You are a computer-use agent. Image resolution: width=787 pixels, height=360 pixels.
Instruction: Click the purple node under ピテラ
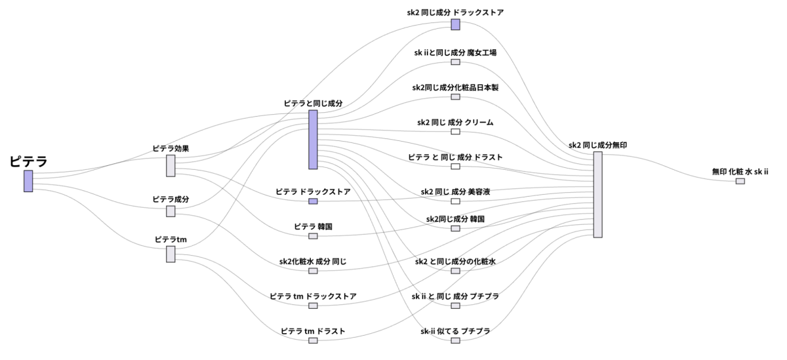click(28, 181)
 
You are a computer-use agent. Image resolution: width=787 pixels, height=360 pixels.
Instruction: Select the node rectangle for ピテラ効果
click(171, 166)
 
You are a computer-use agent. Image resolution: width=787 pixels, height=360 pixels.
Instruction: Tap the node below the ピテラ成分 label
click(171, 211)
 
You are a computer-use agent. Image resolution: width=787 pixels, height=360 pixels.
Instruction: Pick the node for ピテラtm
click(171, 254)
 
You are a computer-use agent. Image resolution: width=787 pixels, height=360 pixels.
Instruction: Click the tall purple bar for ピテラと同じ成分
click(313, 140)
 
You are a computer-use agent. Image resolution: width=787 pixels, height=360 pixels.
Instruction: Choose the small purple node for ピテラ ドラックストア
click(313, 201)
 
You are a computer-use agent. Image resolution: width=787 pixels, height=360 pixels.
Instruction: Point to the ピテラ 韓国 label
click(313, 226)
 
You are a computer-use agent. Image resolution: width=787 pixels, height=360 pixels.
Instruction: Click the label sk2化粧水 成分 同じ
click(313, 261)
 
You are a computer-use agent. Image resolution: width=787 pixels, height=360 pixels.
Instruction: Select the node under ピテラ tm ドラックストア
click(313, 306)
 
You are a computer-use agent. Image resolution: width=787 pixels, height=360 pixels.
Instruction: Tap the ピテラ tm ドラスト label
click(313, 331)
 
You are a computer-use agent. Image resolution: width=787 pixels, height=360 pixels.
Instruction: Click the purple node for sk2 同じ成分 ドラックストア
click(455, 24)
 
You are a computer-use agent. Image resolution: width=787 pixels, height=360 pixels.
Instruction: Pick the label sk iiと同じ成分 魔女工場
click(455, 52)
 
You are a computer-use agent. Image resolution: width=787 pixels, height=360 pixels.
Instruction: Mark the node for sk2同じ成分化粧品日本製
click(455, 97)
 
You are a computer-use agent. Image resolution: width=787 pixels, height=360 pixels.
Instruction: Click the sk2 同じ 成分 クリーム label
click(455, 122)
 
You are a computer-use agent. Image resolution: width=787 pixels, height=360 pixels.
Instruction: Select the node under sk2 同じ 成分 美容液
click(455, 201)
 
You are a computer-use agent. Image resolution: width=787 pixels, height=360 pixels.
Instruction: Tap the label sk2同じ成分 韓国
click(455, 218)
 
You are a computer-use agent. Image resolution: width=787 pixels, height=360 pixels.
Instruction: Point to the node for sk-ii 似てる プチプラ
click(455, 340)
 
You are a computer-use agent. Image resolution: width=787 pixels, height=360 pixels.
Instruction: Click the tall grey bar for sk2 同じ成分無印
click(597, 195)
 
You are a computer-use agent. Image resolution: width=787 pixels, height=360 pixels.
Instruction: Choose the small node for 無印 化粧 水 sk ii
click(740, 181)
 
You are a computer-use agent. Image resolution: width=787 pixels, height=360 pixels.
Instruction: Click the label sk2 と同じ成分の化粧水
click(455, 261)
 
